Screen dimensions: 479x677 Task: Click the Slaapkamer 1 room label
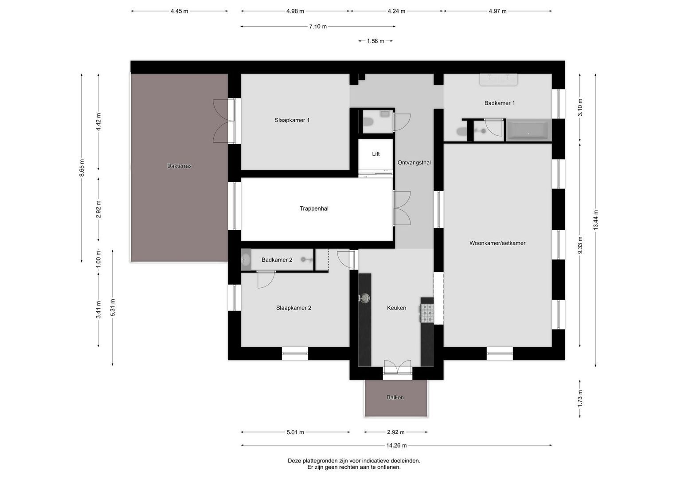292,120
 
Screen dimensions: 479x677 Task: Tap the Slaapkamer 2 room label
293,308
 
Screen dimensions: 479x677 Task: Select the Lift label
376,154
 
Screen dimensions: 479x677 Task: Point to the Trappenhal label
314,208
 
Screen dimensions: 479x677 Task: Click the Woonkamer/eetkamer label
497,243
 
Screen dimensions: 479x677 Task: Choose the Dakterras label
179,166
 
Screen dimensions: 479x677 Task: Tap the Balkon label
395,397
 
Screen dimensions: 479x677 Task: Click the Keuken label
396,308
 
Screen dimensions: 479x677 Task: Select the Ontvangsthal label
414,163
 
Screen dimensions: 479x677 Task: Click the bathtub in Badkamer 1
528,131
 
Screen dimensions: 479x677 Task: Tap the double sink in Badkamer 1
499,79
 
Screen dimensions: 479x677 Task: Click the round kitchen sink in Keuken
364,298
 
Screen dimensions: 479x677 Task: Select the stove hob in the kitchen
427,313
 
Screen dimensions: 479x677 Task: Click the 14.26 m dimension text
396,445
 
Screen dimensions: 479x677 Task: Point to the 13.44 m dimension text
595,220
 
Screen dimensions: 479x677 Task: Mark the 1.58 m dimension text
375,41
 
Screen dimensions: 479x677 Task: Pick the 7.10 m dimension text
317,27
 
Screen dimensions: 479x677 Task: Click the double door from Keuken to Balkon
397,368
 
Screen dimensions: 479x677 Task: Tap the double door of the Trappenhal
402,208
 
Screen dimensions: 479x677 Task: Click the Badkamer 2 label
277,260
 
